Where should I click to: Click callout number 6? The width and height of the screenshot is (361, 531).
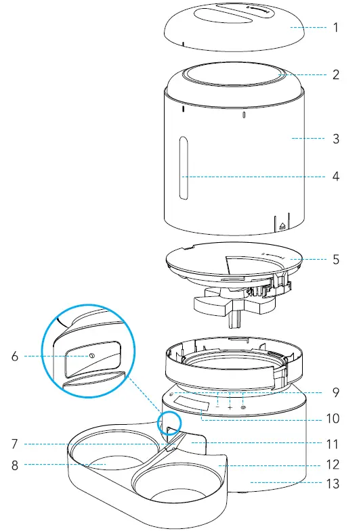point(15,356)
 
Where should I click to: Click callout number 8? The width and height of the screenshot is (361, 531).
point(15,465)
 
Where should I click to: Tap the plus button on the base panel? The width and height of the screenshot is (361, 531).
point(230,408)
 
